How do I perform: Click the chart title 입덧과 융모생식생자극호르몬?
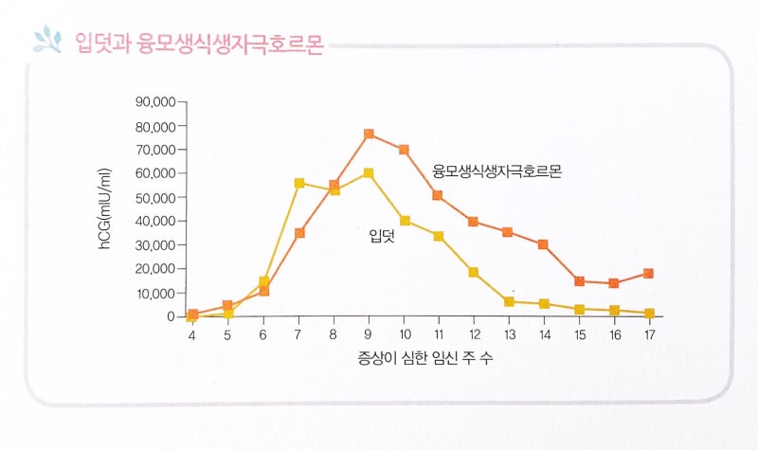click(x=198, y=43)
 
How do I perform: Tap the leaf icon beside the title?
click(x=46, y=40)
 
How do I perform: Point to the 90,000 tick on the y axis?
click(x=155, y=101)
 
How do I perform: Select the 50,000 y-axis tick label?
click(x=155, y=197)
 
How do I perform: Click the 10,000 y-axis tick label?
click(x=155, y=293)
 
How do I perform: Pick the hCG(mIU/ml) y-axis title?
click(x=106, y=209)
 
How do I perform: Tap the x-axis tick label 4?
click(x=191, y=335)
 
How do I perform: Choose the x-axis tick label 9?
click(x=369, y=335)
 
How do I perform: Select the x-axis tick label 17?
click(x=649, y=335)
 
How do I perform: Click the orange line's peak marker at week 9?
click(x=369, y=134)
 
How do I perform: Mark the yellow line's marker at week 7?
click(x=298, y=183)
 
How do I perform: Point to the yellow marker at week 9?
click(x=369, y=172)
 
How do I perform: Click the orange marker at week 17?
click(x=649, y=273)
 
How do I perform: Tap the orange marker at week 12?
click(x=473, y=222)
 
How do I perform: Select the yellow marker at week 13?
click(x=509, y=301)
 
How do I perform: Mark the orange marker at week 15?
click(x=579, y=280)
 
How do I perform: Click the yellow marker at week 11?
click(x=439, y=236)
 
